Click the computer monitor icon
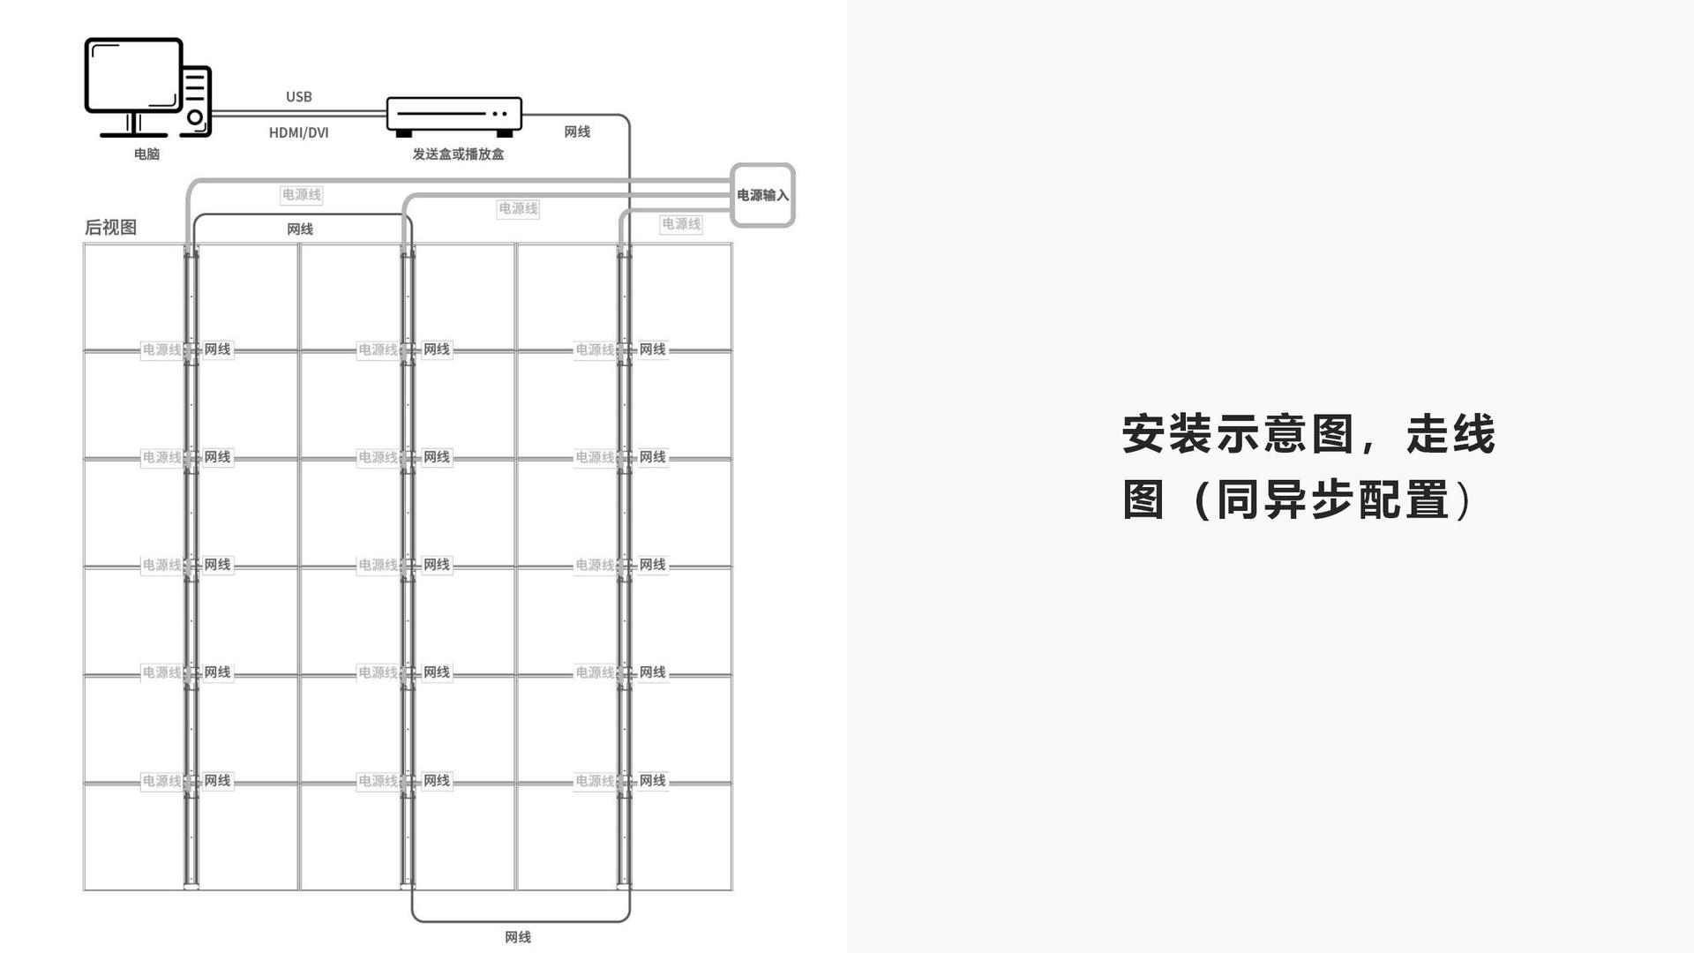133,77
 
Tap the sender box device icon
454,115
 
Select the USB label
299,97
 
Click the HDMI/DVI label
299,133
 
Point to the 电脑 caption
147,154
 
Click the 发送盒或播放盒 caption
458,154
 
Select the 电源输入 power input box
762,195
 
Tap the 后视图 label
110,228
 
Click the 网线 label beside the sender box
577,132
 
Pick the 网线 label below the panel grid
518,937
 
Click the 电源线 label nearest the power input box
681,224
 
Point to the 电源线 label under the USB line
302,195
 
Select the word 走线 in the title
1450,435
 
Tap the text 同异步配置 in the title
1332,500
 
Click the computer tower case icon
196,101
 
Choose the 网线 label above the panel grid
300,229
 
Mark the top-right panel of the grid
682,296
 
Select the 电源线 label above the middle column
518,209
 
